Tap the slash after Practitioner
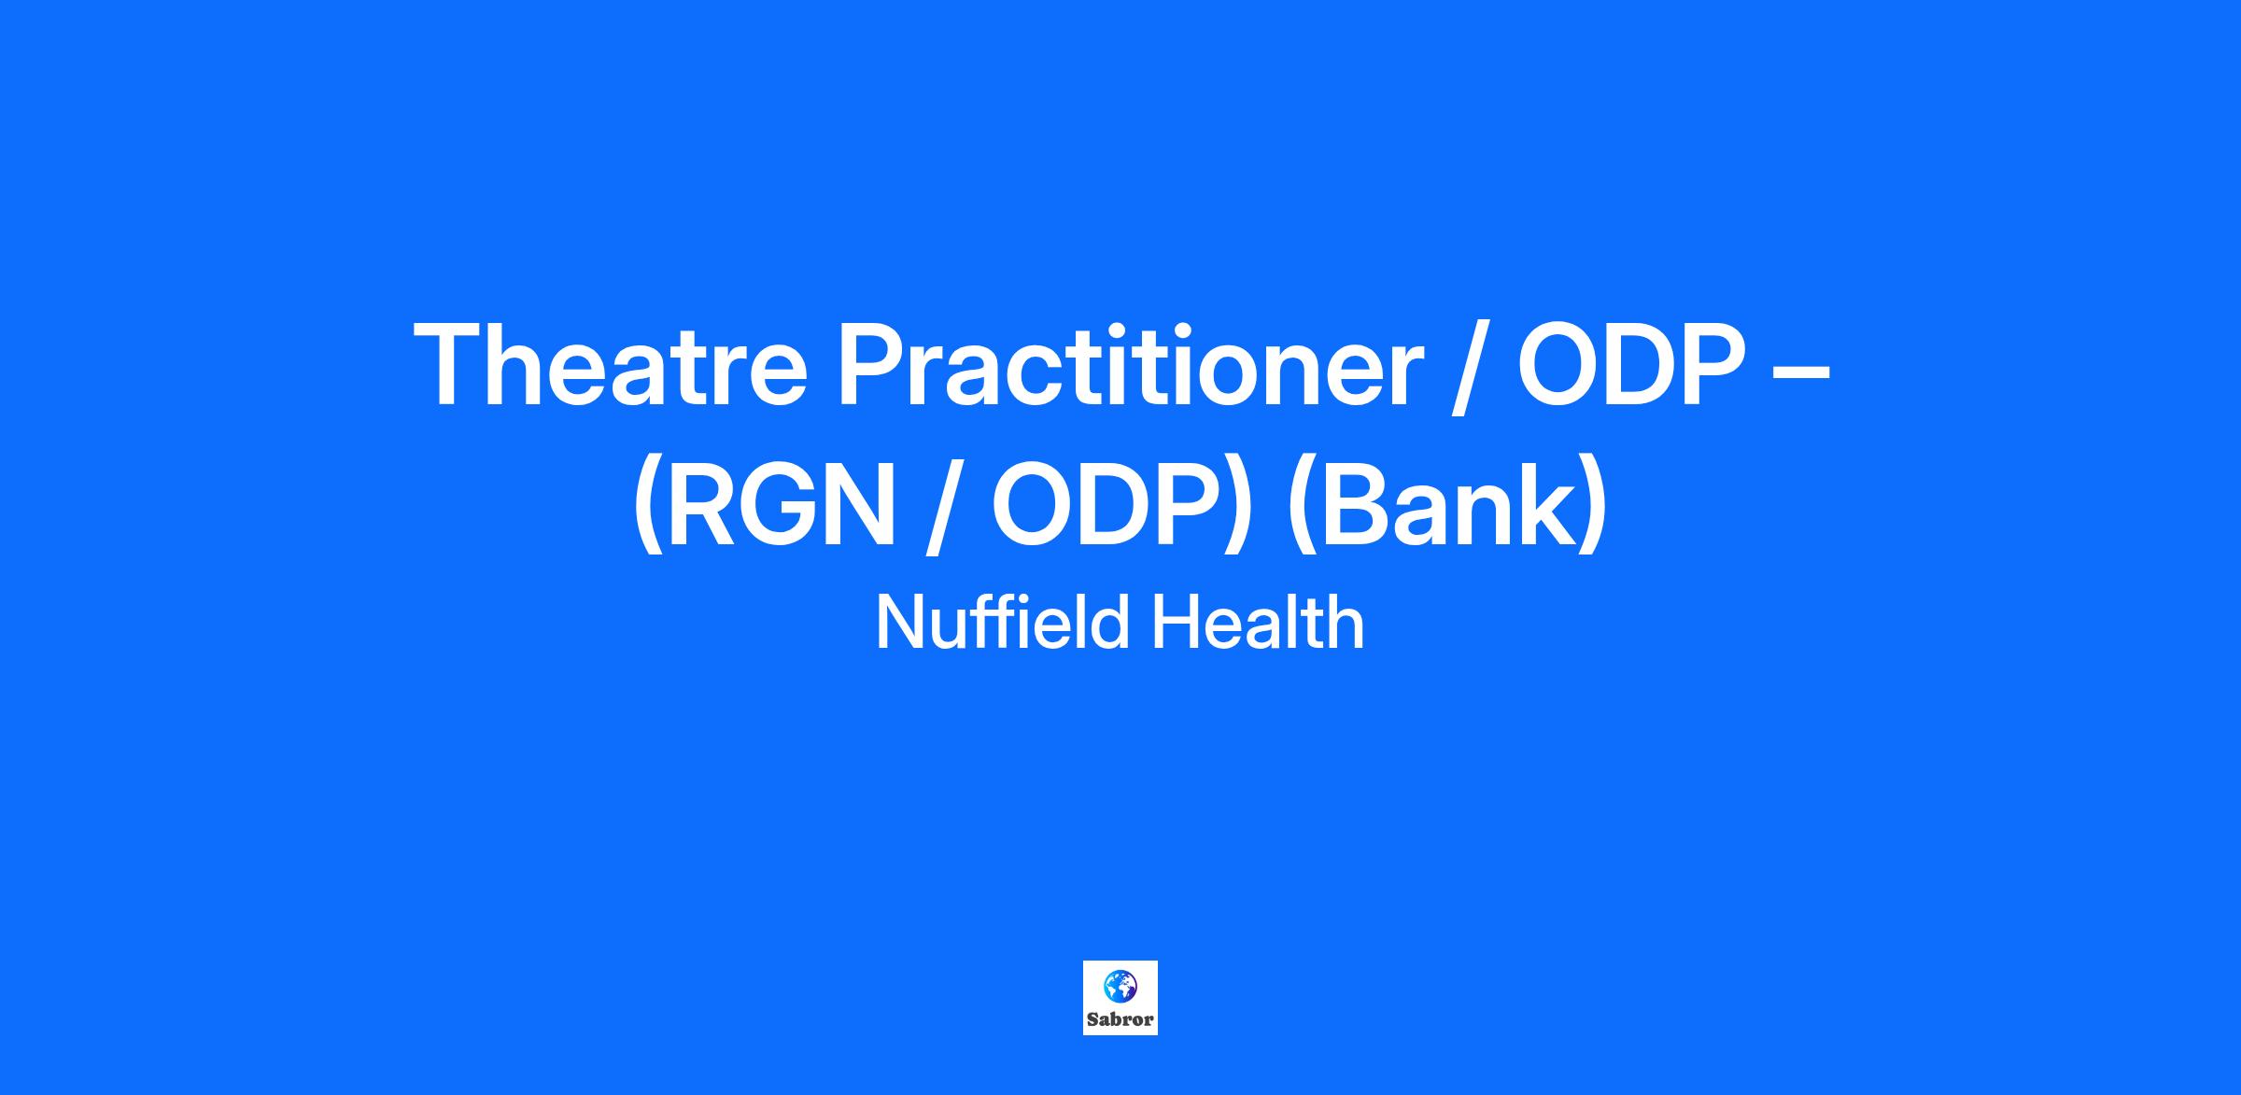1469,367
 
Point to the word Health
1257,622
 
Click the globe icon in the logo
1120,986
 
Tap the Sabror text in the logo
1120,1020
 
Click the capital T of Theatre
450,363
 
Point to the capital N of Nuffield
900,622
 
